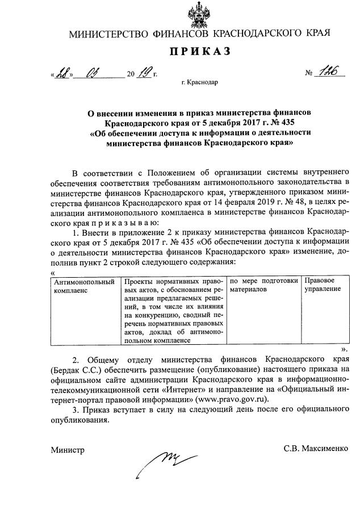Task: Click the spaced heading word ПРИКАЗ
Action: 199,52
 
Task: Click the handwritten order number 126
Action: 327,72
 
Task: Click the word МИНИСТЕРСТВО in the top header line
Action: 108,34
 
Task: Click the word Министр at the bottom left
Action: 66,450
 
